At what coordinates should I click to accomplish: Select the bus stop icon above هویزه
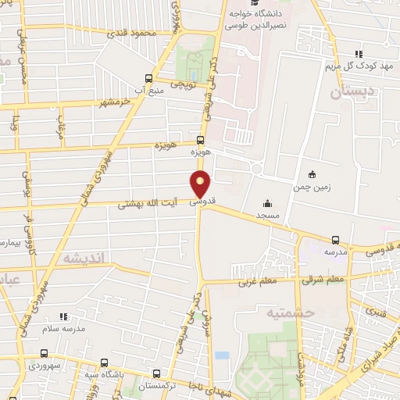(x=201, y=141)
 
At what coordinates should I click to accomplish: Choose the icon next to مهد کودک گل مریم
(x=359, y=53)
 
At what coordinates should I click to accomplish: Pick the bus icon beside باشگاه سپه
(x=105, y=363)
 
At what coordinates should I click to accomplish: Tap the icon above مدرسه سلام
(x=64, y=316)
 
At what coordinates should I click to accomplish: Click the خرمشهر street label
(x=114, y=103)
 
